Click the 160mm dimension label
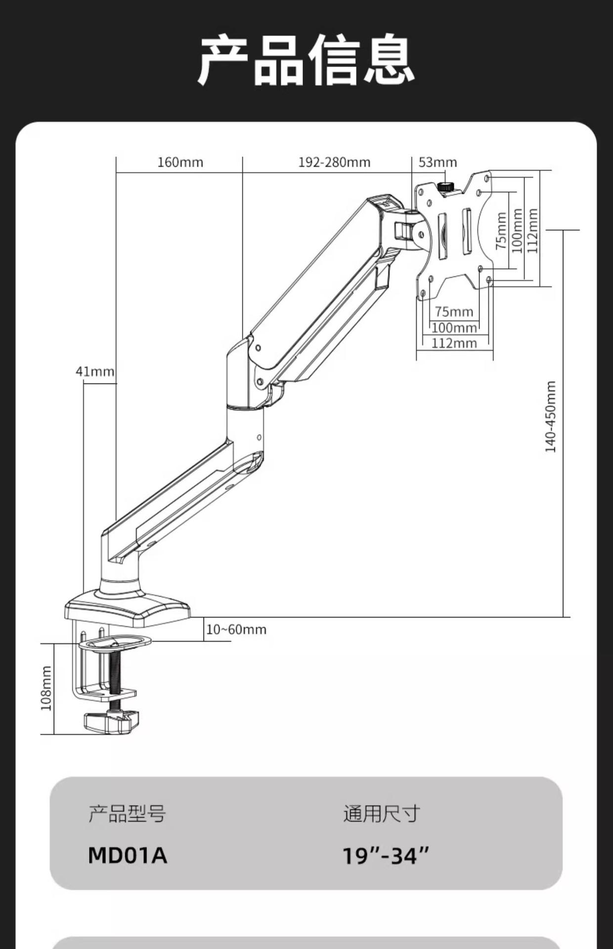(180, 162)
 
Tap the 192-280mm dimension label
(334, 162)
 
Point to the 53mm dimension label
(438, 162)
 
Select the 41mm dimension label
(95, 371)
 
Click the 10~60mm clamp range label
(236, 629)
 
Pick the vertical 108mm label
(46, 688)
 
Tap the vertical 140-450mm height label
(550, 417)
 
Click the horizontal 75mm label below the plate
(454, 311)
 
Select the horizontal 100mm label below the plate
(454, 327)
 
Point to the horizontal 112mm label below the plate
(454, 343)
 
